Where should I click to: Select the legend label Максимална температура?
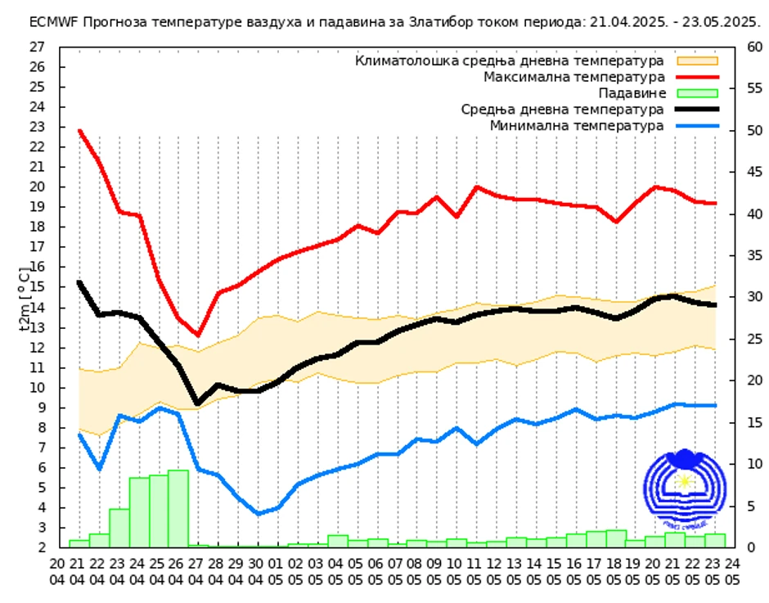point(573,77)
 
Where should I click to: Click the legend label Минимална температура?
point(577,125)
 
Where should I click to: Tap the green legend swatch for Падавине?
point(696,93)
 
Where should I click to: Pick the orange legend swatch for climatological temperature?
point(696,61)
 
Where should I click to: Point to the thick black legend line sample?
point(696,109)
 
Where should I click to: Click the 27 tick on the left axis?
point(37,47)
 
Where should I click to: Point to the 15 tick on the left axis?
point(37,287)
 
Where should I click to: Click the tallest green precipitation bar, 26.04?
point(178,508)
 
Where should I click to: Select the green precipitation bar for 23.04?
point(119,528)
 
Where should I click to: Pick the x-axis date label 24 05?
point(732,570)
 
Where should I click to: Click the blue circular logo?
point(683,489)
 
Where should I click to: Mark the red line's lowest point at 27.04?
point(198,335)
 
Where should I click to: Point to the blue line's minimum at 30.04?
point(258,514)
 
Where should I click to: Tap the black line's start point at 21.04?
point(79,282)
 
